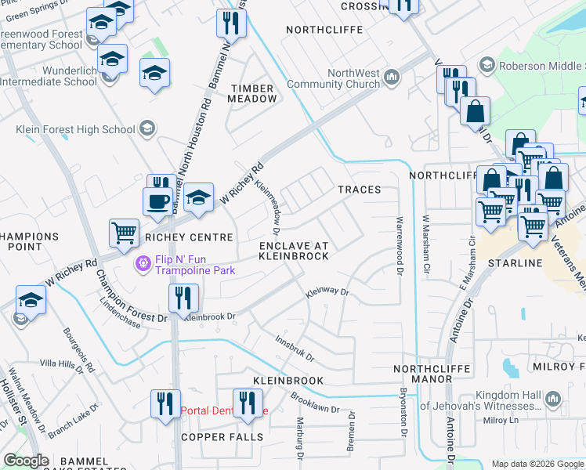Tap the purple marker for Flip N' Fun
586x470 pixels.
(x=143, y=264)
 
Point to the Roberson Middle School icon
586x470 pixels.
(x=487, y=65)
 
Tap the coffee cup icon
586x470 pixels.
(x=157, y=201)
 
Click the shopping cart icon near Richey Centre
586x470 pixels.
(x=124, y=232)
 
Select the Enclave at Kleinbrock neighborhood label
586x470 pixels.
(x=293, y=251)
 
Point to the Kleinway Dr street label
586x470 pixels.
(x=327, y=292)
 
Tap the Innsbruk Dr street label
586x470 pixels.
(x=295, y=349)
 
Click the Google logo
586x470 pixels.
(x=27, y=461)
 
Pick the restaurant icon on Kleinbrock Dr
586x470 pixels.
(x=183, y=298)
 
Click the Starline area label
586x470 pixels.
(x=515, y=263)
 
